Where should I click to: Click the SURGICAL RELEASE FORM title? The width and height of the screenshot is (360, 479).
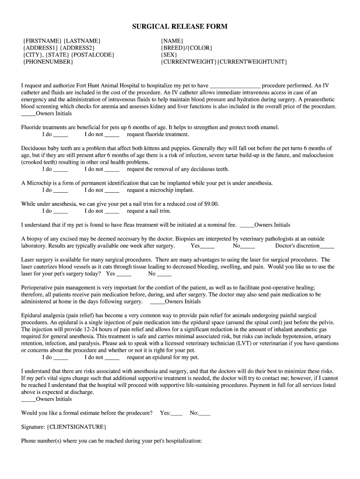pyautogui.click(x=180, y=27)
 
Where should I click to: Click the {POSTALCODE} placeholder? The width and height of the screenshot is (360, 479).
pyautogui.click(x=93, y=55)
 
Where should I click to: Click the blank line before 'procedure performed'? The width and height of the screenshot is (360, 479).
pyautogui.click(x=235, y=86)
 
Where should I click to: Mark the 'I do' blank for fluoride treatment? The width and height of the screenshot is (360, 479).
pyautogui.click(x=61, y=135)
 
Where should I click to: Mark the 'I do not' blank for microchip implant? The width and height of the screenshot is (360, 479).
pyautogui.click(x=112, y=190)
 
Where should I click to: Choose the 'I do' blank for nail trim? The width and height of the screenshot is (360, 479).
pyautogui.click(x=61, y=211)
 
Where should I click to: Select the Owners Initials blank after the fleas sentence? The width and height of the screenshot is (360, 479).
pyautogui.click(x=246, y=225)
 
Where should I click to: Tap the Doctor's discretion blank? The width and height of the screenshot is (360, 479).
pyautogui.click(x=327, y=246)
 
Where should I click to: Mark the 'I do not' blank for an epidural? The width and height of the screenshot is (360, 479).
pyautogui.click(x=112, y=358)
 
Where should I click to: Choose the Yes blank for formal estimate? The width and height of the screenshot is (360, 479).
pyautogui.click(x=177, y=414)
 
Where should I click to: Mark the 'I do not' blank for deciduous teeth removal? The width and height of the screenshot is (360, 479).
pyautogui.click(x=112, y=169)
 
